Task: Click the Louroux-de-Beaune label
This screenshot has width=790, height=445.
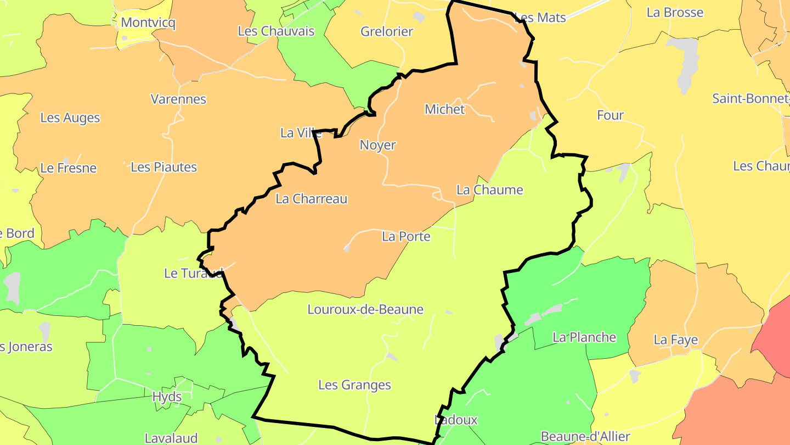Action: (x=365, y=309)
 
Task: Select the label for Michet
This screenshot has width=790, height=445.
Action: (x=444, y=109)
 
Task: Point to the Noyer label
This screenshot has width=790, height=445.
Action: (x=377, y=145)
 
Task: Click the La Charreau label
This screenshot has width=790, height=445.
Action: (x=312, y=199)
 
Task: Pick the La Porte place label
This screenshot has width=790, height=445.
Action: (x=406, y=236)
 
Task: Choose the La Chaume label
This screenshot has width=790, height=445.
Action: (x=490, y=190)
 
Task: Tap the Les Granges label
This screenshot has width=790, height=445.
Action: (x=354, y=385)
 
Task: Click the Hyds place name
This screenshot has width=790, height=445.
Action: (x=167, y=397)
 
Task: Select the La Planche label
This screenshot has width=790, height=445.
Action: (x=584, y=337)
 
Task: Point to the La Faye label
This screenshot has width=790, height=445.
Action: (x=675, y=341)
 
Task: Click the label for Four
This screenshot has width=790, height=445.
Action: (x=610, y=115)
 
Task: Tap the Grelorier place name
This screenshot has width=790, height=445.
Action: (x=386, y=31)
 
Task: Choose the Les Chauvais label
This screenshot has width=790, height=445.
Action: (x=276, y=31)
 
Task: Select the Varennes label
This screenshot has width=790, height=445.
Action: (x=178, y=99)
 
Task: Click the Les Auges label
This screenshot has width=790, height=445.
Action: (x=70, y=118)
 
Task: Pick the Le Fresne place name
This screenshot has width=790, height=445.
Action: (x=68, y=168)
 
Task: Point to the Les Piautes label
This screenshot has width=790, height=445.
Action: (x=163, y=167)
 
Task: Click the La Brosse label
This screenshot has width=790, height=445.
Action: (x=675, y=13)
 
